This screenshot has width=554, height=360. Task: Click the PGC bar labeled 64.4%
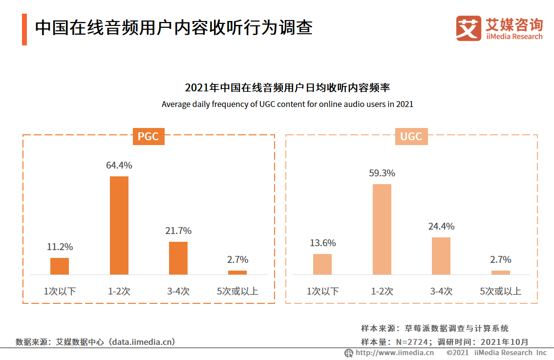[x=119, y=225]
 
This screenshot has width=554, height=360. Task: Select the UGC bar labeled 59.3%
[x=382, y=229]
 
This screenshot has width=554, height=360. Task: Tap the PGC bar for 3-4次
[x=178, y=258]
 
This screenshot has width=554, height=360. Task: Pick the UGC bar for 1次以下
[x=322, y=264]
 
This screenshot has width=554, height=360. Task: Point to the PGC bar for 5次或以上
[x=237, y=273]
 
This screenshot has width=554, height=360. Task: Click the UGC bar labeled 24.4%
[x=441, y=256]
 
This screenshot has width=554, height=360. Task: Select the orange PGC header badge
[x=149, y=136]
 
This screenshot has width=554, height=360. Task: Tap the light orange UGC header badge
[x=411, y=136]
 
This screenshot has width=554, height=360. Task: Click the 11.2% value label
[x=60, y=247]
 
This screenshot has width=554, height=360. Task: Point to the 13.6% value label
[x=322, y=243]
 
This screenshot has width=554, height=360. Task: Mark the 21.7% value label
[x=178, y=231]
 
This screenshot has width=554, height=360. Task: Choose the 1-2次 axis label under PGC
[x=119, y=292]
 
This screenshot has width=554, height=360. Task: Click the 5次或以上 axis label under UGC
[x=501, y=292]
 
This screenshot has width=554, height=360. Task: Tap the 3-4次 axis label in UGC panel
[x=441, y=292]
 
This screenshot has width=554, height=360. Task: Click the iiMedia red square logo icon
[x=469, y=28]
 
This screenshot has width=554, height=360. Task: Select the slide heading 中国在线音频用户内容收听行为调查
[x=173, y=27]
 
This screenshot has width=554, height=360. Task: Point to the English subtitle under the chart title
[x=287, y=104]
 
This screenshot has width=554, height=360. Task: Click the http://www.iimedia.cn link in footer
[x=395, y=353]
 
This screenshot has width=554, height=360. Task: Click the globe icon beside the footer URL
[x=349, y=353]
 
